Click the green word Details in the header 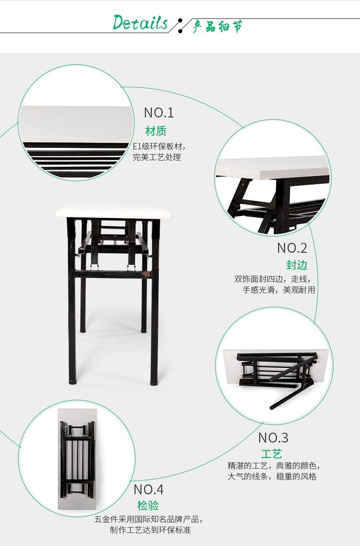click(x=140, y=22)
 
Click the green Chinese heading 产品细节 click(x=217, y=27)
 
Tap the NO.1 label click(x=159, y=112)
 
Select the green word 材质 click(x=156, y=131)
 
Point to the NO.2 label click(x=292, y=248)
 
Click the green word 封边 click(x=297, y=265)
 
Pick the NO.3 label click(x=273, y=438)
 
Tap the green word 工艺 click(x=271, y=454)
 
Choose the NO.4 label click(x=148, y=489)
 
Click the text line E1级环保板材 click(x=159, y=147)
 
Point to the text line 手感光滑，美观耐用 click(x=279, y=290)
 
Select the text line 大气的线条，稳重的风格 click(x=272, y=477)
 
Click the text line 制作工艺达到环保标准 click(x=150, y=530)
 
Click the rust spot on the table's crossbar click(x=146, y=275)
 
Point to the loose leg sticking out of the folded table click(x=292, y=394)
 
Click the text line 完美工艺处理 click(x=157, y=157)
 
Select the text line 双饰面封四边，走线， click(x=272, y=279)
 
